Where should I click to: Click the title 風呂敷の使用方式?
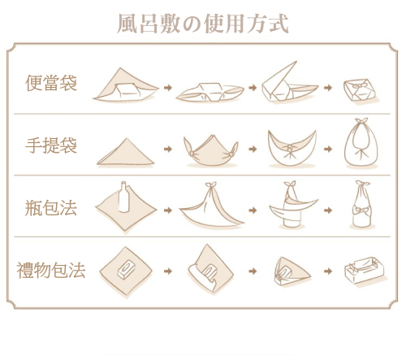[203, 24]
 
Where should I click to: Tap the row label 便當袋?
[51, 83]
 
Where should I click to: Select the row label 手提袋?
[51, 145]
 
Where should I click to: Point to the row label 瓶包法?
[51, 208]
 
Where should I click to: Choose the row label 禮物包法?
[51, 270]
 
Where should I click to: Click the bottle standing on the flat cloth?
[123, 197]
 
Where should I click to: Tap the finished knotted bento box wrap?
[360, 90]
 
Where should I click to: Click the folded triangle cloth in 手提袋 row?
[125, 152]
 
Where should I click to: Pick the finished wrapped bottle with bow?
[362, 205]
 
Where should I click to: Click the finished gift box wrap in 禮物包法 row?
[364, 270]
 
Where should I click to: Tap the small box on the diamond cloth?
[126, 270]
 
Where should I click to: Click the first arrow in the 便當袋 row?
[168, 88]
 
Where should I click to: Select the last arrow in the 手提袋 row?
[328, 149]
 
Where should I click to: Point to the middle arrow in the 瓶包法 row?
[253, 210]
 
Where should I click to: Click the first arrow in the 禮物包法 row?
[168, 271]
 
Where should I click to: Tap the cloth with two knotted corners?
[211, 151]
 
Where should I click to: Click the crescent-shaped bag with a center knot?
[292, 149]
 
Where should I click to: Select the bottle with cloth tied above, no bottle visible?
[212, 205]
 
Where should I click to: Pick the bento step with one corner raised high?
[289, 83]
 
